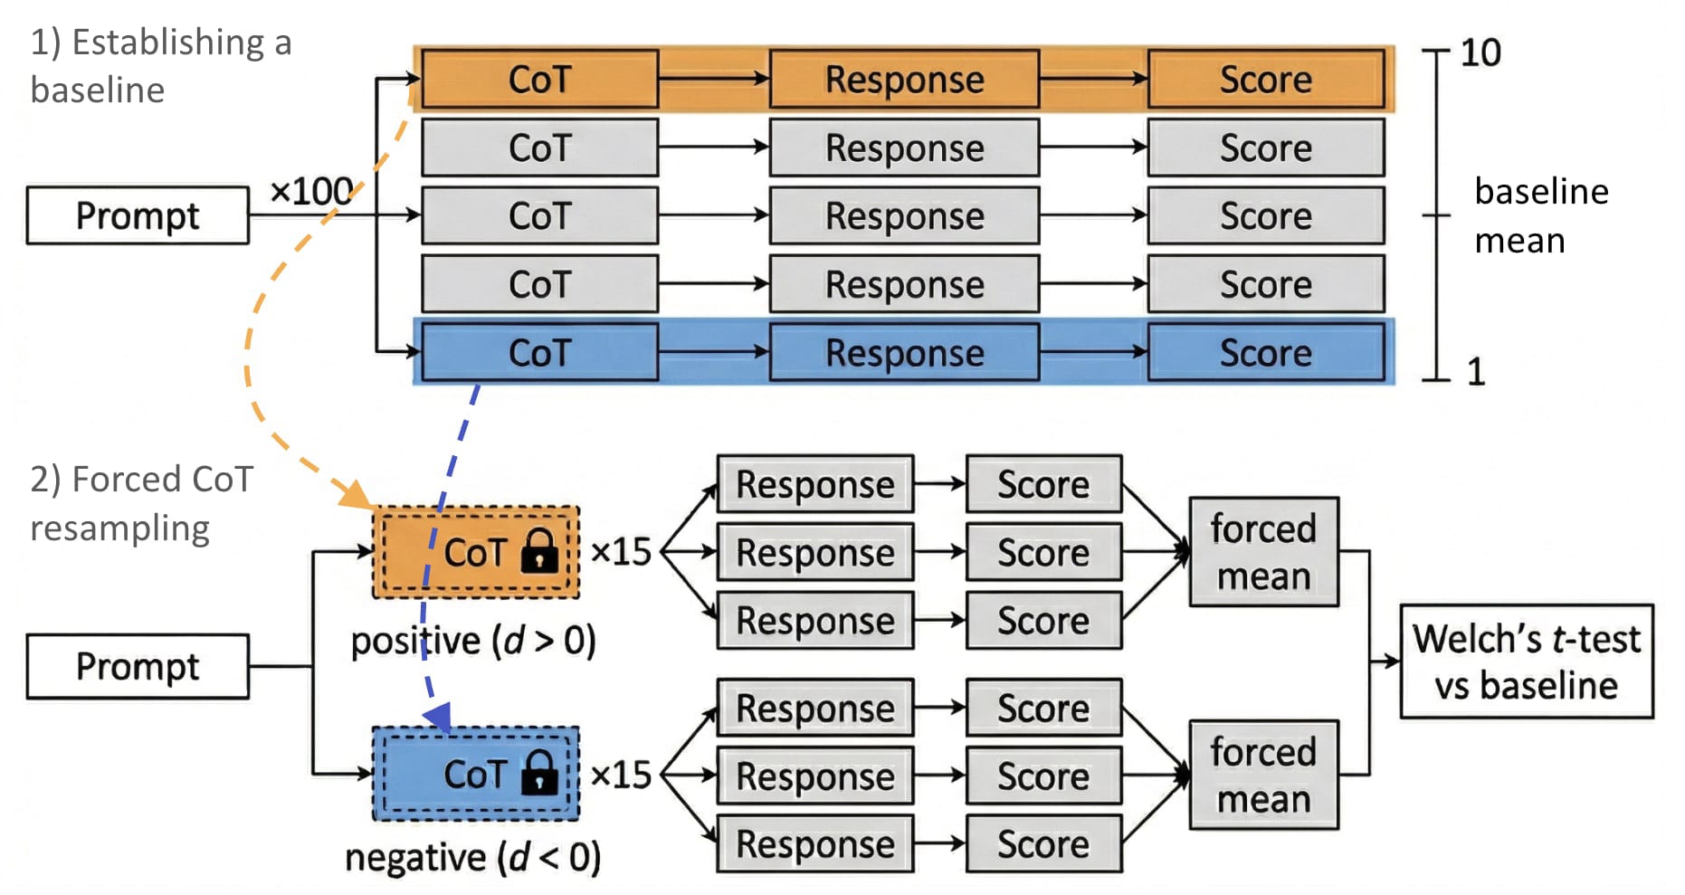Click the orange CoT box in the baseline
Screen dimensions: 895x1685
tap(539, 80)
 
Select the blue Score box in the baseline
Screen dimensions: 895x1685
tap(1265, 353)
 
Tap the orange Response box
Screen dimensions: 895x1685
tap(904, 80)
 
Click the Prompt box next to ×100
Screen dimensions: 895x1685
tap(138, 215)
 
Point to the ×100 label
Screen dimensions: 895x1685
tap(310, 191)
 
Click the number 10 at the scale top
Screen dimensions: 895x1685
tap(1480, 52)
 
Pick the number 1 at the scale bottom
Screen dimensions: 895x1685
tap(1476, 372)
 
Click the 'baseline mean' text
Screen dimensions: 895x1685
tap(1540, 215)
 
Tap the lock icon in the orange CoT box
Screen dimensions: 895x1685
tap(540, 550)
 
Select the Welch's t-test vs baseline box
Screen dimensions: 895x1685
tap(1526, 662)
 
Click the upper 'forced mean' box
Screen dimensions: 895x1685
tap(1263, 551)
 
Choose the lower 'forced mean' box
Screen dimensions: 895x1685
tap(1263, 775)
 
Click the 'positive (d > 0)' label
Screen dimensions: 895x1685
tap(473, 641)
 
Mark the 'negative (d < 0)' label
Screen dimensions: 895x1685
tap(472, 857)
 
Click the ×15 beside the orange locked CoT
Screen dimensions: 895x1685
tap(621, 551)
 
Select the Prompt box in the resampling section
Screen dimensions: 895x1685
tap(138, 666)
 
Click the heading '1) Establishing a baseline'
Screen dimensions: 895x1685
tap(160, 65)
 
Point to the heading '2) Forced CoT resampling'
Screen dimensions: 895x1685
tap(141, 503)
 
